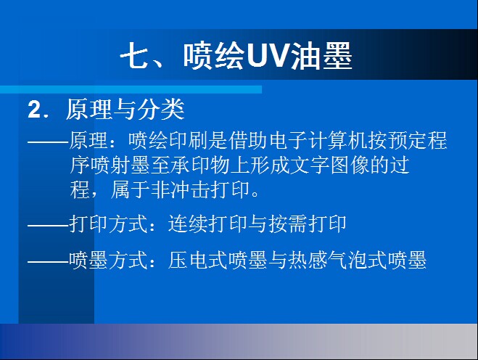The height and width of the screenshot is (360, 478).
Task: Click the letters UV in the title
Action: point(268,56)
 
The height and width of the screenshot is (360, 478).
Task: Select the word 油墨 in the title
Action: point(321,56)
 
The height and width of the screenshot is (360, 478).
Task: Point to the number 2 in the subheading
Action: point(34,109)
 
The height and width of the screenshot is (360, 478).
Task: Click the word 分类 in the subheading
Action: point(161,109)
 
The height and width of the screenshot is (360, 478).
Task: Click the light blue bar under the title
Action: point(131,89)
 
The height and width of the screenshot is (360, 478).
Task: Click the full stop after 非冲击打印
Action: point(255,194)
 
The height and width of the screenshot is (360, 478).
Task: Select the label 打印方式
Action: point(109,224)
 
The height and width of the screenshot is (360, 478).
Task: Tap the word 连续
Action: point(188,224)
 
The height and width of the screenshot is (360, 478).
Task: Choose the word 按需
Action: point(287,224)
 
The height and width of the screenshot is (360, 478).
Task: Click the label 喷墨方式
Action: point(109,260)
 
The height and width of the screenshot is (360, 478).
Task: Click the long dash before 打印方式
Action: point(48,226)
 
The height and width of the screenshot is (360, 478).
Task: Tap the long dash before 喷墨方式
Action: point(48,262)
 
